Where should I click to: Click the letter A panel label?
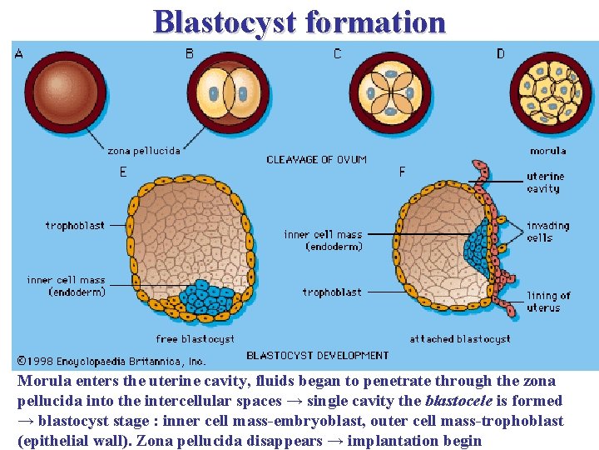coord(19,54)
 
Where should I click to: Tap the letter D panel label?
coord(500,54)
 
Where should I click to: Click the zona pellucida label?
coord(144,151)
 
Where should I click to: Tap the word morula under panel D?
coord(547,151)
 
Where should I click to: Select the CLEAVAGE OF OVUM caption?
coord(316,159)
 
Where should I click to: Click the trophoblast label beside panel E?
coord(75,225)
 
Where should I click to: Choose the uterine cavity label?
coord(545,182)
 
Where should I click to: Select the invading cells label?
coord(547,231)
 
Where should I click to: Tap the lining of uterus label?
coord(548,302)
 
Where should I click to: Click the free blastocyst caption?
coord(195,339)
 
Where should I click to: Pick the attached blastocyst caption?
coord(459,339)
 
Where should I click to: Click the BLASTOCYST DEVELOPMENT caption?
coord(317,355)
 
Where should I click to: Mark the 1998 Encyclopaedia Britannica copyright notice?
coord(111,362)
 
